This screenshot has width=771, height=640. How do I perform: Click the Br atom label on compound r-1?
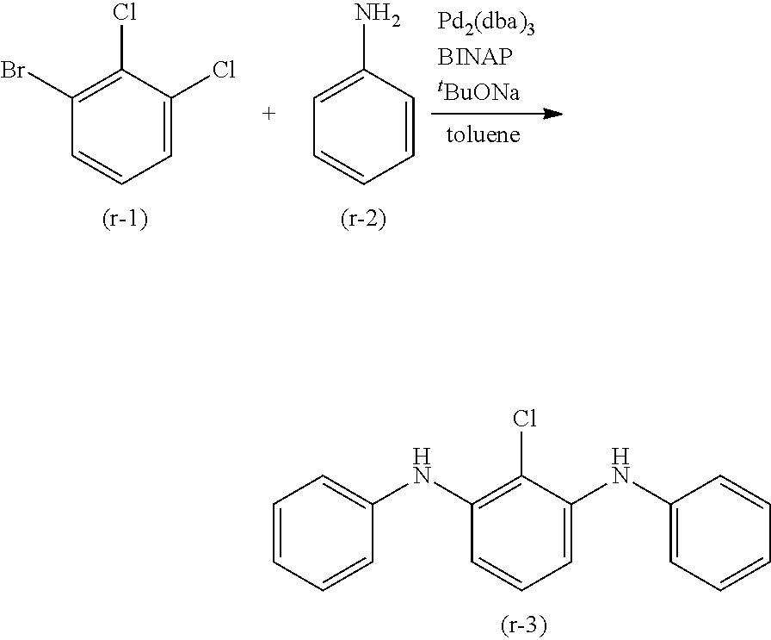click(14, 71)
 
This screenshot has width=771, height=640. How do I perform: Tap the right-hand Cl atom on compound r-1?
click(224, 71)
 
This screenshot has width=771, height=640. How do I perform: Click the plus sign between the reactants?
click(268, 113)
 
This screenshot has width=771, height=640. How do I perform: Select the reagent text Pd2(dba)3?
click(487, 25)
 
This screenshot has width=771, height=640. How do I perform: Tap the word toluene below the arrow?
click(483, 135)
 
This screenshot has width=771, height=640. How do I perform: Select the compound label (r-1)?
click(124, 220)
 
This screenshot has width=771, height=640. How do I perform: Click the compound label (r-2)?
click(362, 220)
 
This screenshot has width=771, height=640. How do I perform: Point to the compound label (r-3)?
click(522, 623)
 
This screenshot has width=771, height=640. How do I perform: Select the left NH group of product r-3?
click(421, 467)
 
